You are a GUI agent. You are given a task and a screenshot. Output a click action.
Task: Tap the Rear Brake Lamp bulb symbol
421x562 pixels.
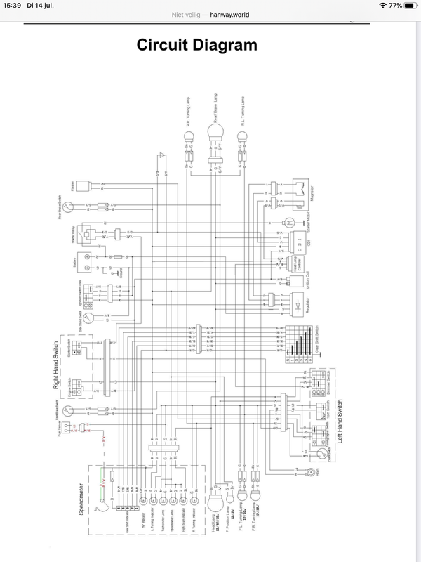pos(215,130)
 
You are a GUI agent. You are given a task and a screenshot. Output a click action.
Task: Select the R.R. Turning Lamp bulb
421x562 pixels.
pos(189,138)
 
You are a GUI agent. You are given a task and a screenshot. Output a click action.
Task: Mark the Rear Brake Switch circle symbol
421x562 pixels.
pos(68,207)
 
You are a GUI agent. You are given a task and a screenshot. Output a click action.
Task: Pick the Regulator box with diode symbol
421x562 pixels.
pos(300,303)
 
